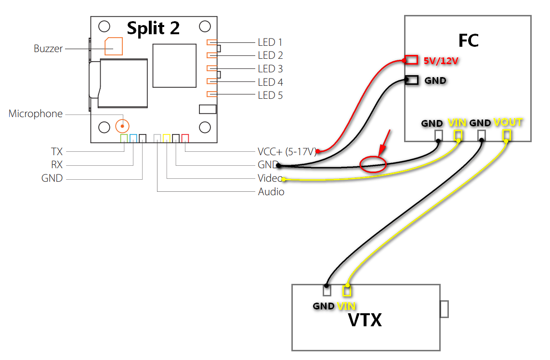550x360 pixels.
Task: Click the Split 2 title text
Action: tap(153, 28)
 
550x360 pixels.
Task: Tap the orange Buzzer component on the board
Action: tap(114, 46)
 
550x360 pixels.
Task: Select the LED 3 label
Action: tap(270, 69)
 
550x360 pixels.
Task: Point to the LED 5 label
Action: tap(270, 95)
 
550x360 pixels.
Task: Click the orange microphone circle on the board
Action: tap(122, 126)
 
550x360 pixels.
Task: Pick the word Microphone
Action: tap(36, 114)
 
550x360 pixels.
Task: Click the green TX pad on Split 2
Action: tap(124, 138)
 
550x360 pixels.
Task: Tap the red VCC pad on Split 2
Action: tap(185, 138)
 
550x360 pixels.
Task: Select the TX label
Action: tap(57, 152)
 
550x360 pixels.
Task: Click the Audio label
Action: tap(271, 192)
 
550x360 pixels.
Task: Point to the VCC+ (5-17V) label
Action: tap(287, 152)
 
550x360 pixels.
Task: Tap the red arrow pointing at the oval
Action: tap(384, 143)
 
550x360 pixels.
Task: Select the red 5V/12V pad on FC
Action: tap(411, 60)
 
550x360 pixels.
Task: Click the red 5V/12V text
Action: tap(441, 61)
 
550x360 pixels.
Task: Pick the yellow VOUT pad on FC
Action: tap(507, 135)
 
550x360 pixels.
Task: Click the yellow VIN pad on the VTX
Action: tap(347, 290)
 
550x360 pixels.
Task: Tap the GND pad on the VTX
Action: tap(327, 290)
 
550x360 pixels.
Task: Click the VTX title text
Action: tap(365, 320)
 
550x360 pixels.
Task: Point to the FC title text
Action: tap(468, 40)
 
